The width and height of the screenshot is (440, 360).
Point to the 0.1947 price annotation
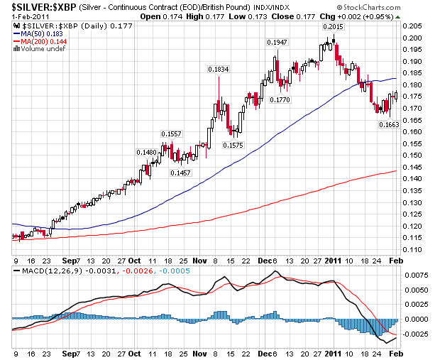(277, 43)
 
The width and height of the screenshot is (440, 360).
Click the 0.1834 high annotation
(217, 69)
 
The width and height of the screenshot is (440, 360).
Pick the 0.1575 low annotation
(233, 145)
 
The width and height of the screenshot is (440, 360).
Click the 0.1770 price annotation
(280, 100)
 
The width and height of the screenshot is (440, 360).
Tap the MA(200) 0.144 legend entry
(40, 41)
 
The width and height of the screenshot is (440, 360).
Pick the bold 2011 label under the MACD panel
(334, 352)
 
